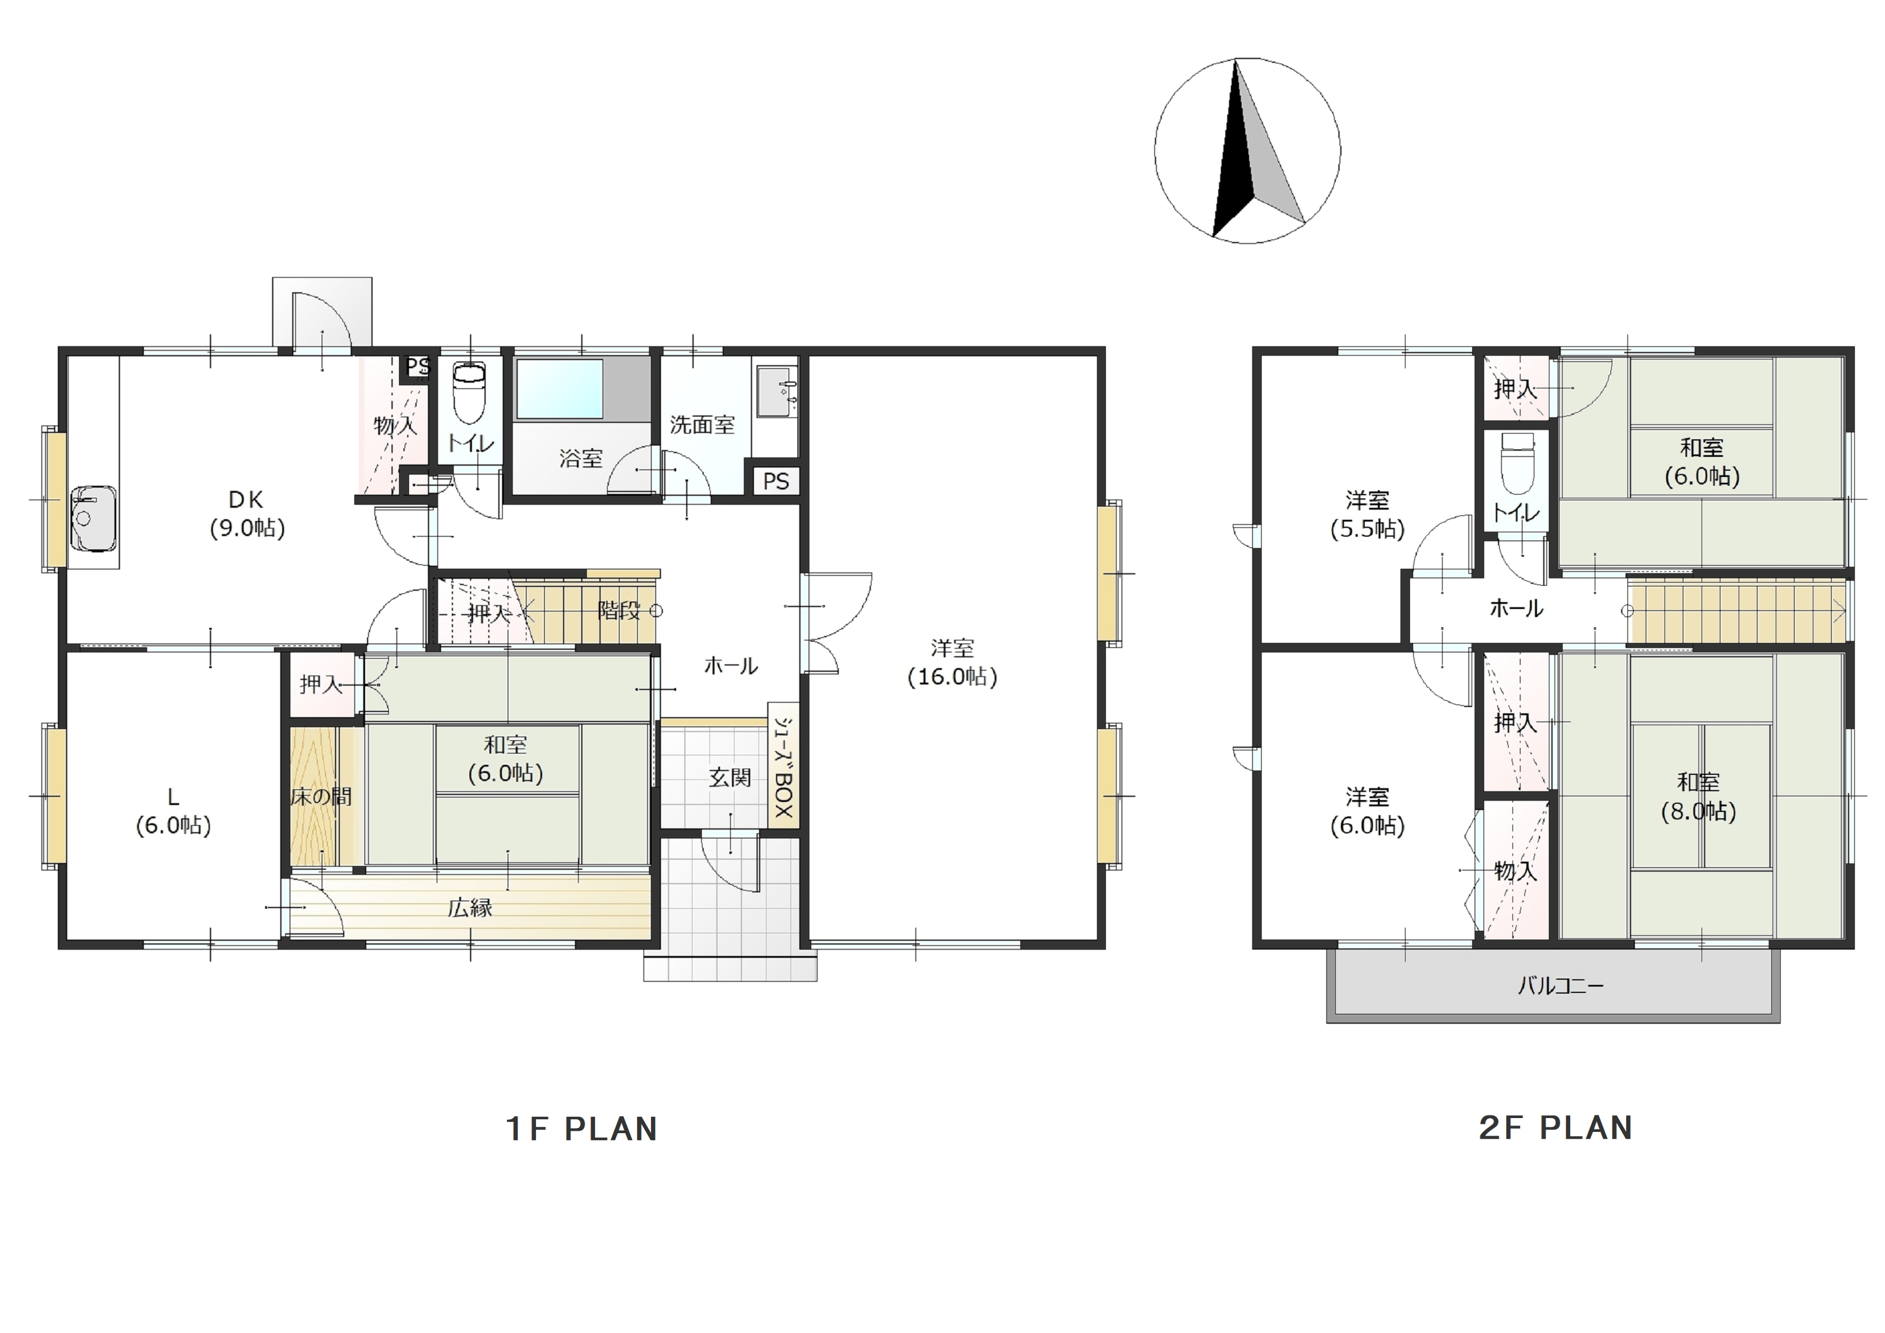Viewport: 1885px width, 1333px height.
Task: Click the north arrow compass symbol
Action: click(1247, 151)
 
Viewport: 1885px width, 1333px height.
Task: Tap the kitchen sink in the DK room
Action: click(93, 519)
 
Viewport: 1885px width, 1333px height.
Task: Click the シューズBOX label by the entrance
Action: click(784, 767)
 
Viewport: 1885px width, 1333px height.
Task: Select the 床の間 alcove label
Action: click(321, 796)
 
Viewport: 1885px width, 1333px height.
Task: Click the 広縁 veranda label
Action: click(471, 908)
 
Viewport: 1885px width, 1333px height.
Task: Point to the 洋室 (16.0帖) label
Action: click(953, 662)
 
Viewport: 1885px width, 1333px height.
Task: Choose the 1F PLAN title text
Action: click(581, 1129)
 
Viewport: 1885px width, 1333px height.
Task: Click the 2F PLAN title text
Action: click(1556, 1127)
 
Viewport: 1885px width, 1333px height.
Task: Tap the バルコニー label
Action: click(1560, 985)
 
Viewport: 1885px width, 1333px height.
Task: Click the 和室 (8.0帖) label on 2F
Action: click(1698, 797)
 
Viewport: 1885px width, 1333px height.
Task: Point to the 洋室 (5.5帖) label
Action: click(1367, 514)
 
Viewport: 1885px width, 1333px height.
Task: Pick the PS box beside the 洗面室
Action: click(776, 481)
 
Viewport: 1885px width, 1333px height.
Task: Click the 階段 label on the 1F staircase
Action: click(618, 610)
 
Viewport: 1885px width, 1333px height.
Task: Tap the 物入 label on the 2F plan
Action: click(1515, 870)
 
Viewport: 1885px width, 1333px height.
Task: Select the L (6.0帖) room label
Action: click(173, 811)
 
